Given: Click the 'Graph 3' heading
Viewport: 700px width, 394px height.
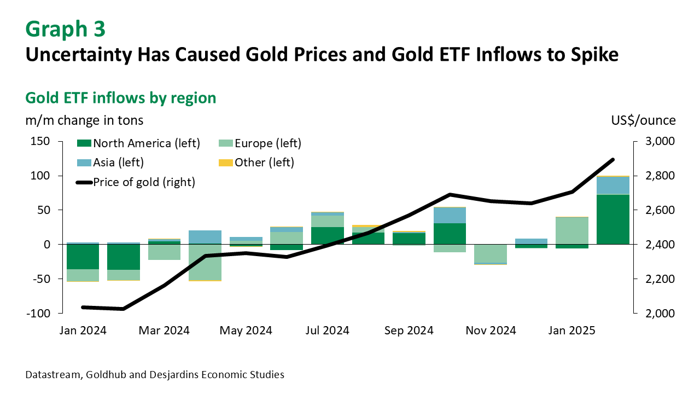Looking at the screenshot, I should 65,29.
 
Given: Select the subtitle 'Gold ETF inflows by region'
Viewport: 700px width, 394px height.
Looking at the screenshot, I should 121,98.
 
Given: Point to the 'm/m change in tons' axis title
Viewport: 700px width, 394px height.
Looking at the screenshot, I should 84,120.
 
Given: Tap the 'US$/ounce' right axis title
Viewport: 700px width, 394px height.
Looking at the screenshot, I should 643,120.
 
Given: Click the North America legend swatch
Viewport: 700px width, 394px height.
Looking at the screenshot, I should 84,144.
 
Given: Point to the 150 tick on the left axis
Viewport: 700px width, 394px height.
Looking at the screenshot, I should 39,141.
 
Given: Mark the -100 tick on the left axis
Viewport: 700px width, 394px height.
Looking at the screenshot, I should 37,314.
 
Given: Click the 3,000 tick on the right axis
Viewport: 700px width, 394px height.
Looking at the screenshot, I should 661,141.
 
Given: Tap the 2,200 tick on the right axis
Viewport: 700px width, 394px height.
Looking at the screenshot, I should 661,279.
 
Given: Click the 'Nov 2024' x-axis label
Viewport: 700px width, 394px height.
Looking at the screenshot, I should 491,331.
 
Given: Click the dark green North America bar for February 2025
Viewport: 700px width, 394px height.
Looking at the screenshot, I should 613,219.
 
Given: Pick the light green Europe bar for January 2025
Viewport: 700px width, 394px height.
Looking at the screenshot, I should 572,230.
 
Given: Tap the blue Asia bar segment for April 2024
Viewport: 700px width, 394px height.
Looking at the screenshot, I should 205,237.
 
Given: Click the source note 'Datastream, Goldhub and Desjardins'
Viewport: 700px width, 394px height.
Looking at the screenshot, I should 155,375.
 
